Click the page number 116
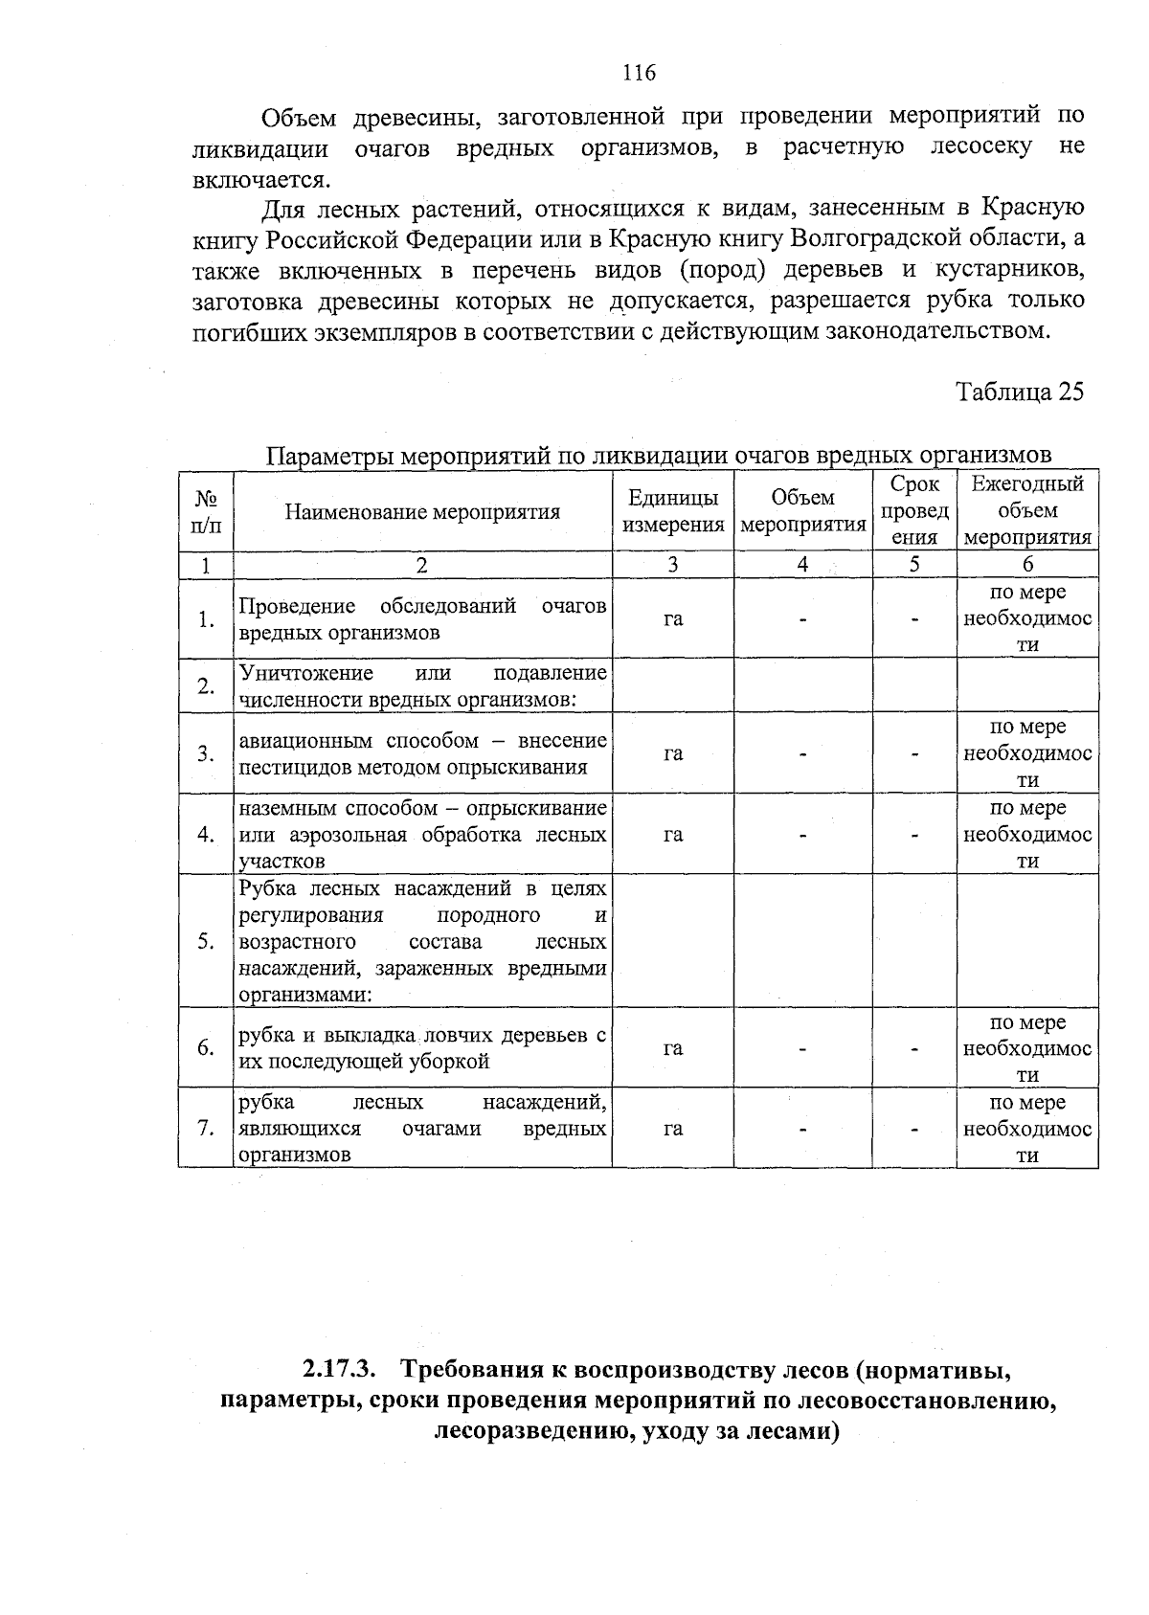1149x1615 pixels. tap(639, 73)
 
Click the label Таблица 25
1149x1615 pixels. tap(1020, 393)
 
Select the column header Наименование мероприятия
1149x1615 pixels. tap(422, 511)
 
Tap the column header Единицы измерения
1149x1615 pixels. tap(673, 511)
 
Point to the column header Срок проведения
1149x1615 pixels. tap(914, 511)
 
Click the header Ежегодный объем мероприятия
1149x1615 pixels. tap(1027, 511)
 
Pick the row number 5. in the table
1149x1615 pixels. tap(206, 941)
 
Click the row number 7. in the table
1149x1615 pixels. tap(206, 1129)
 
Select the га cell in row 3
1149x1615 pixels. tap(673, 753)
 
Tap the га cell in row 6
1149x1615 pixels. tap(673, 1048)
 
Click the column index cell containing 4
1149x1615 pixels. tap(802, 565)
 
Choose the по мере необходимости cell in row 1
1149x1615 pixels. tap(1027, 618)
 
